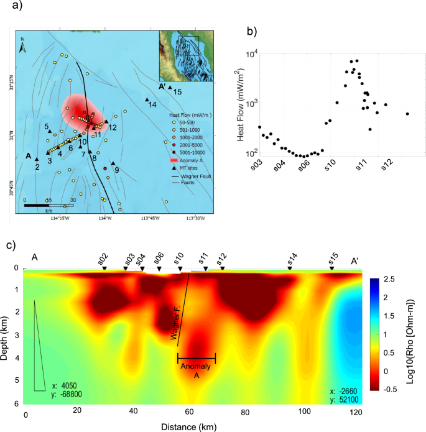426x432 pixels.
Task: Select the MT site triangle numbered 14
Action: [147, 99]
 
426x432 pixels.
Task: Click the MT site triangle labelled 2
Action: [37, 159]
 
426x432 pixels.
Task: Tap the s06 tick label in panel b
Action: [303, 165]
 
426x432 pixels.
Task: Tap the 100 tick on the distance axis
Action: [305, 412]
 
